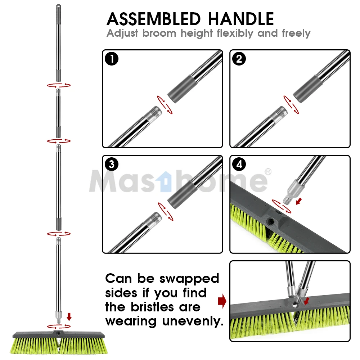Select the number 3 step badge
112,165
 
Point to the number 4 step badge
239,165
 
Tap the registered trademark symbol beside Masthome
267,171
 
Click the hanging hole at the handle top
58,6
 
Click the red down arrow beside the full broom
69,316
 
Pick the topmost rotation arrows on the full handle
58,85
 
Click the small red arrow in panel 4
298,201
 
